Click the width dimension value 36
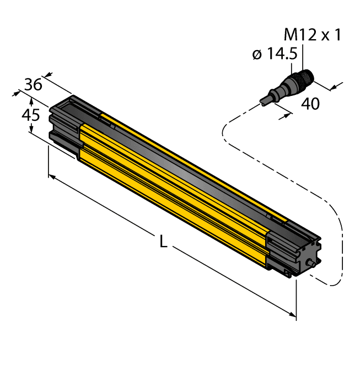(x=33, y=84)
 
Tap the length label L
(x=163, y=241)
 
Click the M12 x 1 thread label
(x=313, y=36)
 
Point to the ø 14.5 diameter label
(x=274, y=54)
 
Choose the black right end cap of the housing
(x=292, y=245)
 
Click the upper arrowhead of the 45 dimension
(x=31, y=101)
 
